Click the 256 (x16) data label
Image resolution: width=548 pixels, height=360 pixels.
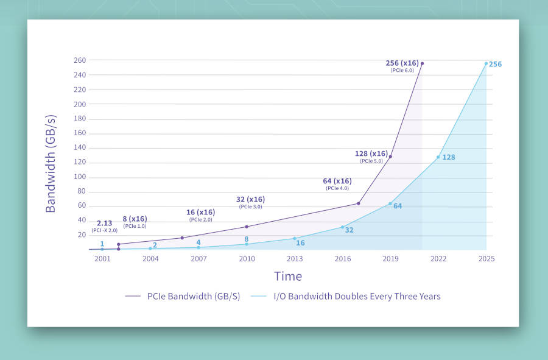point(402,63)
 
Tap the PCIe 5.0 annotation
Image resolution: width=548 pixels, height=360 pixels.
point(371,161)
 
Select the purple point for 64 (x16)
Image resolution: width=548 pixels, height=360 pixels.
point(358,203)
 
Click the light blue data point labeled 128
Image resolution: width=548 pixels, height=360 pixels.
point(438,157)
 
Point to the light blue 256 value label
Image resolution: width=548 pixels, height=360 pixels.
point(495,64)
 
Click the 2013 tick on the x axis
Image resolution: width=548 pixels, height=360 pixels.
point(295,259)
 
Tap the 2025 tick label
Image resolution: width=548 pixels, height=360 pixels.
point(486,259)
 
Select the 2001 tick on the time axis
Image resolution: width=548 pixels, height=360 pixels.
point(102,259)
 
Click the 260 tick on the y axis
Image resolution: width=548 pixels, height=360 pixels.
point(79,60)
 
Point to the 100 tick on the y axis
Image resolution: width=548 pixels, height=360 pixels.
point(79,177)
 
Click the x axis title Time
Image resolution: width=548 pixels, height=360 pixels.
point(288,276)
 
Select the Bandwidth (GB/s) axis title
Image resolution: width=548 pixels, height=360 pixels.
point(51,163)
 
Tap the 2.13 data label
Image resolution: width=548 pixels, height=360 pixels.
point(104,224)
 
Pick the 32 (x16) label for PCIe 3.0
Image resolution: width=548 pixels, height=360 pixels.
point(250,199)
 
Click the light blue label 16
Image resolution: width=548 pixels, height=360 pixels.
point(300,243)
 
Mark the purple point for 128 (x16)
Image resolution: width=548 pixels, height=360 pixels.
point(390,157)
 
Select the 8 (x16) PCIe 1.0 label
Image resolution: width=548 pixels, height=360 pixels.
point(135,219)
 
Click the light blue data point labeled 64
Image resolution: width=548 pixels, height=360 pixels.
point(390,203)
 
